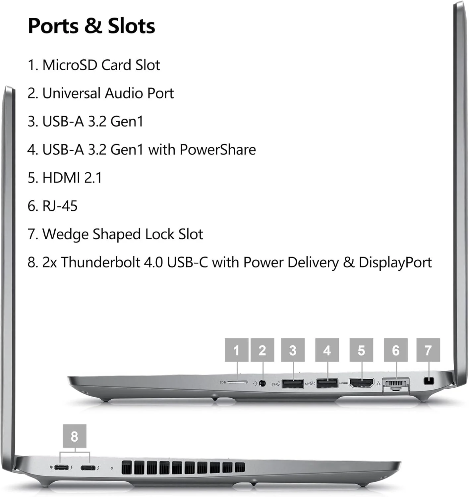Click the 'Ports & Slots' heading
coord(91,26)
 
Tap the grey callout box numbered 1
coord(236,350)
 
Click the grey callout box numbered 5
coord(361,350)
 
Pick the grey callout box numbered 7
coord(428,350)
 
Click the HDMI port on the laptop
coord(361,383)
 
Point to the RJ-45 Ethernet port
coord(396,385)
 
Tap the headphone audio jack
coord(263,383)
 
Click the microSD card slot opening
coord(237,382)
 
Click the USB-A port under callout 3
coord(293,384)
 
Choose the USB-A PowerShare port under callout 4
coord(327,383)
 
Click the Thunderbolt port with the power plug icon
coord(61,467)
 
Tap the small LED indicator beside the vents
coord(112,468)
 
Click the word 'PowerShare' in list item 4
coord(218,150)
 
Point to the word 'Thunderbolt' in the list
coord(101,262)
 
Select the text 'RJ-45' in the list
coord(60,206)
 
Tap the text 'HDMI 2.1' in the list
coord(72,178)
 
